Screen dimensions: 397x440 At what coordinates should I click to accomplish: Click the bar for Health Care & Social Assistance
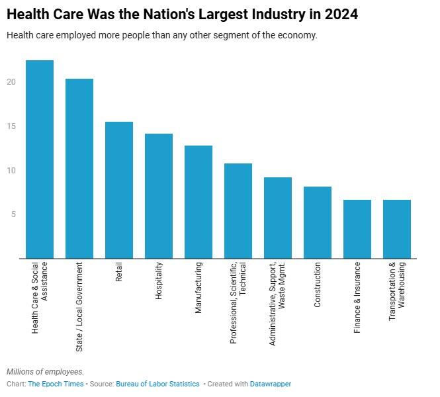coord(40,159)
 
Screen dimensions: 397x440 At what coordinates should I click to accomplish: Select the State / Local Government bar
coord(79,169)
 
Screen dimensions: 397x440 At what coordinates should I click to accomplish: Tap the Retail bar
coord(119,190)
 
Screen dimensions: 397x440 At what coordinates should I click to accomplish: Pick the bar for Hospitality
coord(159,196)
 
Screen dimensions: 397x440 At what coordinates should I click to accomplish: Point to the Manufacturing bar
coord(198,202)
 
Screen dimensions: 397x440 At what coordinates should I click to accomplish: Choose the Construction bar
coord(318,222)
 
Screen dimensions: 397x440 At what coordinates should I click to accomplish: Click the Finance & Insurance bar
coord(357,229)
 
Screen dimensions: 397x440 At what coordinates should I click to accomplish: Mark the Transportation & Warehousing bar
coord(397,229)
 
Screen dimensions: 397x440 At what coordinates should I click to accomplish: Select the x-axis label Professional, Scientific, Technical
coord(238,302)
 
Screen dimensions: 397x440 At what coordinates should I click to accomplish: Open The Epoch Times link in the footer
coord(56,384)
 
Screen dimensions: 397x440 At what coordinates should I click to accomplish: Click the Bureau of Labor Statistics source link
coord(157,384)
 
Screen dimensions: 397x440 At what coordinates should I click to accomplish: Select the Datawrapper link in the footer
coord(271,384)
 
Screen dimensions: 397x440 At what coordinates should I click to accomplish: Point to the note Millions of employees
coord(46,372)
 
